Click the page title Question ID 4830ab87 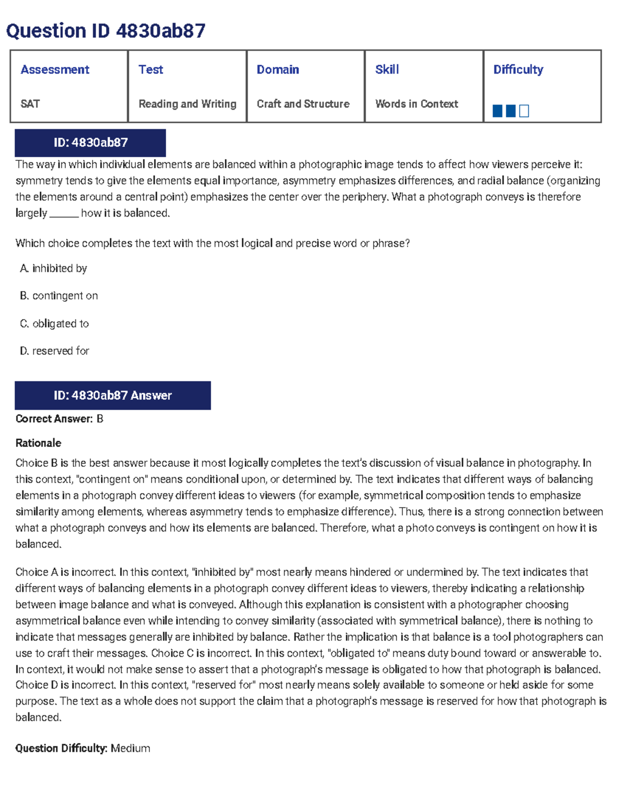tap(106, 31)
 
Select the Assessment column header tap(55, 69)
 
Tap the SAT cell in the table tap(30, 104)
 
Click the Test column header tap(150, 69)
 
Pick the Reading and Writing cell tap(187, 104)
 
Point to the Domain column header tap(277, 69)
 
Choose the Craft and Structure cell tap(303, 104)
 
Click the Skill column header tap(387, 69)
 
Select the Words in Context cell tap(416, 104)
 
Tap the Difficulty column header tap(518, 69)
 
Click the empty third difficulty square tap(524, 111)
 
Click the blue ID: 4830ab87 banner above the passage tap(90, 143)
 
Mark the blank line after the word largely tap(64, 214)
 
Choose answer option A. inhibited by tap(53, 268)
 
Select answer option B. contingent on tap(59, 296)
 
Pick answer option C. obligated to tap(54, 324)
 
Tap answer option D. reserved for tap(54, 351)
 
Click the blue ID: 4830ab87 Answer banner tap(112, 395)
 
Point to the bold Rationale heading tap(38, 443)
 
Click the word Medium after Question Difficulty tap(130, 748)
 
